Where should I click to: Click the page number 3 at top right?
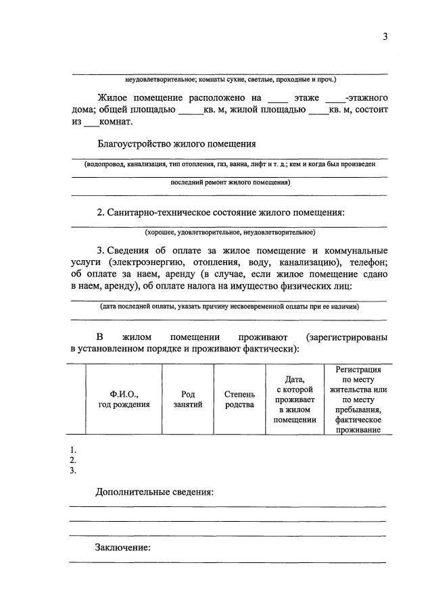click(385, 38)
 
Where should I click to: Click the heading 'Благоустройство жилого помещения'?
click(176, 143)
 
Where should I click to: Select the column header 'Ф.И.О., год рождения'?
click(123, 399)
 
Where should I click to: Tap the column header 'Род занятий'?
click(187, 399)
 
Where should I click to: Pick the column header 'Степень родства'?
click(239, 399)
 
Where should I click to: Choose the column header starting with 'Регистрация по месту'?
click(358, 399)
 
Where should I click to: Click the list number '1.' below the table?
click(73, 449)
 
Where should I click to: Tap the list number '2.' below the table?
click(73, 460)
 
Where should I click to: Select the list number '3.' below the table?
click(73, 471)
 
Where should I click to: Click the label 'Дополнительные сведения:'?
click(155, 491)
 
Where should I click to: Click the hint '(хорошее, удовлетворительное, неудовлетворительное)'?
click(229, 233)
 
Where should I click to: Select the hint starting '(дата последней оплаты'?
click(229, 306)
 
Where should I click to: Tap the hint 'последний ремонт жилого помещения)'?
click(229, 182)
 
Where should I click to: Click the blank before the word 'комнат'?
click(91, 123)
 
